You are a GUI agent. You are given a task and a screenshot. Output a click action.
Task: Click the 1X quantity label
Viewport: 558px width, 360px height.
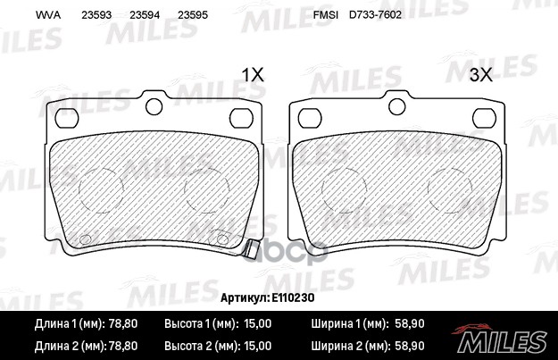254,75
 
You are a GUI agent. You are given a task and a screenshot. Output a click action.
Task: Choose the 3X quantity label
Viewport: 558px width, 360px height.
480,75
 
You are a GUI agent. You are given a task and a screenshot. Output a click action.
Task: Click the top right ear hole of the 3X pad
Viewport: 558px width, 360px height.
487,117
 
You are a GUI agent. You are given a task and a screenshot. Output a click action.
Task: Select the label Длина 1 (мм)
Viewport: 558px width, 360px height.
65,322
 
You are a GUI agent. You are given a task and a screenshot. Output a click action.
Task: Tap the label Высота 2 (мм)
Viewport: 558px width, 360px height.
200,343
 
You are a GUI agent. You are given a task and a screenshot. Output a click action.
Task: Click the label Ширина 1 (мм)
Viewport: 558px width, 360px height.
349,322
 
